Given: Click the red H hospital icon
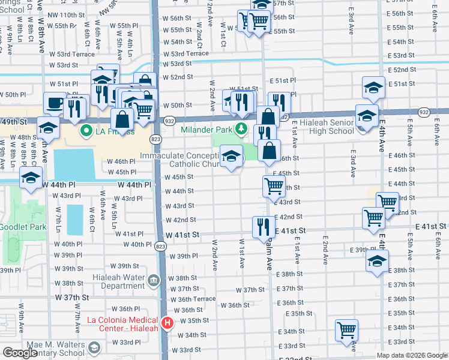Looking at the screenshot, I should coord(167,323).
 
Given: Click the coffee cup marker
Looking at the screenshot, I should coord(55,103).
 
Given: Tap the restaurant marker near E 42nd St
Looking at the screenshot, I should coord(263,227).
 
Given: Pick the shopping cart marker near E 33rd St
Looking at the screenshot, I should coord(346,330).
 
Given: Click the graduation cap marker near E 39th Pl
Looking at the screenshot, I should coord(377,261).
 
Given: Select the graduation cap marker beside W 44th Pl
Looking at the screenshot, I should coord(30,177).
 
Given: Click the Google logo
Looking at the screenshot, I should coord(20,353).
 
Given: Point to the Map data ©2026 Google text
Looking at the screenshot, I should coord(411,355).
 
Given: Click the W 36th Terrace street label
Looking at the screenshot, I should coord(196,299).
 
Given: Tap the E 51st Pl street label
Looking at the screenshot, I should coord(283,80).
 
